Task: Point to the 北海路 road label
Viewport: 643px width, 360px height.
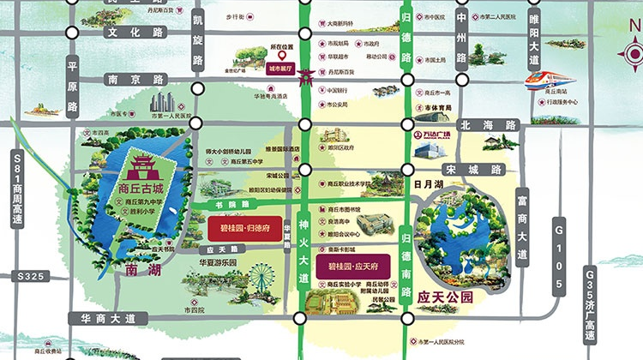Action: (501, 125)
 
